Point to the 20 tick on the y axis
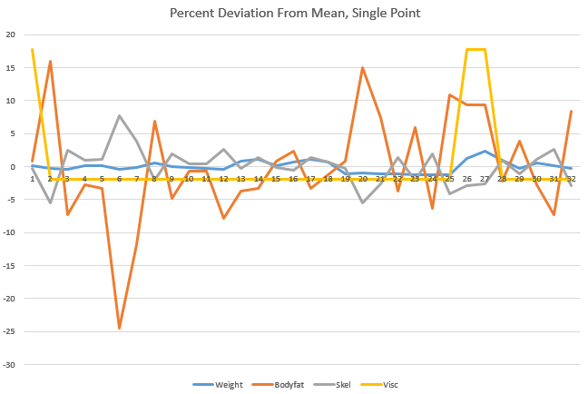[x=12, y=34]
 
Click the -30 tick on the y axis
[x=10, y=365]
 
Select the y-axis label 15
[x=12, y=68]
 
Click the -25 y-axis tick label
[x=10, y=332]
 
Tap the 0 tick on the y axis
[x=15, y=167]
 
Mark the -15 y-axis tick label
[x=10, y=266]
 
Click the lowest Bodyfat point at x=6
[x=119, y=328]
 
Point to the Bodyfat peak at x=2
[x=50, y=62]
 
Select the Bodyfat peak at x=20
[x=363, y=67]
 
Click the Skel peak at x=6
[x=119, y=116]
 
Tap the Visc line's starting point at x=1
[x=33, y=50]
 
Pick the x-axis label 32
[x=571, y=179]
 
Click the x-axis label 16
[x=293, y=179]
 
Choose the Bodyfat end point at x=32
[x=571, y=111]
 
